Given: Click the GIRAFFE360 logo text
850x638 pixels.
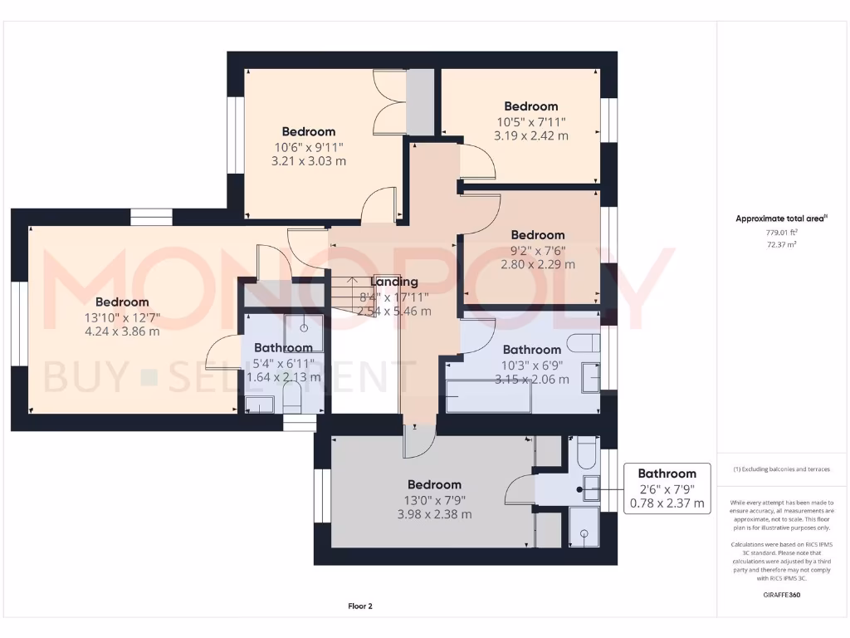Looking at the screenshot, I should coord(780,595).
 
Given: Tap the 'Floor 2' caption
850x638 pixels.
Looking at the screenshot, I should coord(360,606).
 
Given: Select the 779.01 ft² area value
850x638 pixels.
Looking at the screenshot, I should coord(780,233).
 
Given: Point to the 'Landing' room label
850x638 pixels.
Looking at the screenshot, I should coord(393,282).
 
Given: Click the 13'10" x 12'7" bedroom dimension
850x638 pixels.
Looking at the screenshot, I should coord(122,317).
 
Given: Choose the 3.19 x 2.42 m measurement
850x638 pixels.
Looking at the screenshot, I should coord(530,135).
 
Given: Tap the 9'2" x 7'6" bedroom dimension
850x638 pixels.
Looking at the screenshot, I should coord(537,250).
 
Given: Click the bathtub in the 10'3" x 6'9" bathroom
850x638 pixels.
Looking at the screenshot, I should coord(488,397).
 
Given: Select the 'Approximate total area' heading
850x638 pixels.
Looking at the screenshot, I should coord(780,218).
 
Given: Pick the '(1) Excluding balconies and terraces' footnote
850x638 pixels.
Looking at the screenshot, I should coord(780,469).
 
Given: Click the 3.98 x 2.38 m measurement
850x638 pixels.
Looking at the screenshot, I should coord(434,514).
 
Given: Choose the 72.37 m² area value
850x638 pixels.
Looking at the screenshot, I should coord(780,245).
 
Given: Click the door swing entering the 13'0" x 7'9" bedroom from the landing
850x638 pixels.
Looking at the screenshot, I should coord(418,440).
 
